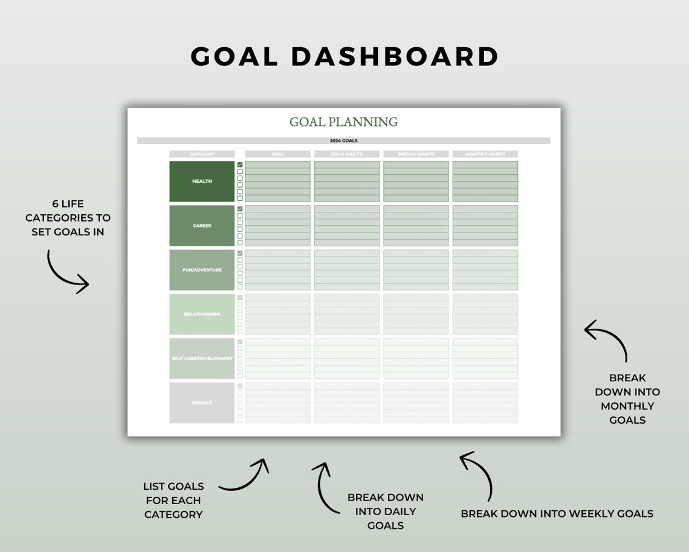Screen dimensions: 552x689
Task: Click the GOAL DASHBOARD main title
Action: click(344, 56)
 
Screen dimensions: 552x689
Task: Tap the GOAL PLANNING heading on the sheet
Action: click(343, 122)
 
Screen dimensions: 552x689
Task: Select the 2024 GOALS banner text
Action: click(343, 141)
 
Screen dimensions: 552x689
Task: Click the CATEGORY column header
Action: click(202, 154)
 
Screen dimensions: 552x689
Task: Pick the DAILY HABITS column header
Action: click(347, 154)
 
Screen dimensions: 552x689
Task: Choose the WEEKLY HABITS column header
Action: click(416, 154)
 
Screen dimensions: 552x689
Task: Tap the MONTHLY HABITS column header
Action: click(485, 154)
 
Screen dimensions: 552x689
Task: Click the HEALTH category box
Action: click(202, 182)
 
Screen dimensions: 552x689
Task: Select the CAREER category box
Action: click(202, 226)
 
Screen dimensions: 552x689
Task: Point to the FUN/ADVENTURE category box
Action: click(202, 270)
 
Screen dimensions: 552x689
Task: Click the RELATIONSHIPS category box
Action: click(202, 314)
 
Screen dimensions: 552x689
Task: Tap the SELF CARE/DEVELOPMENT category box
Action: click(202, 358)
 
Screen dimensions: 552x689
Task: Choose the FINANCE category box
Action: click(202, 402)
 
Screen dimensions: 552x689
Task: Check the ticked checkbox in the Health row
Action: click(240, 165)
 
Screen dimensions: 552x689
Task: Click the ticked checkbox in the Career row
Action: click(240, 209)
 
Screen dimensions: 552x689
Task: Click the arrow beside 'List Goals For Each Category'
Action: click(245, 475)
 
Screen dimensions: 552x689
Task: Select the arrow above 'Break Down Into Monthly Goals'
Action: click(606, 339)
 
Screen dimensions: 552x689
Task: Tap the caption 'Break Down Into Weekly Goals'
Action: click(557, 514)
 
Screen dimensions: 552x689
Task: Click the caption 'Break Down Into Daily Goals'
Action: click(385, 511)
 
